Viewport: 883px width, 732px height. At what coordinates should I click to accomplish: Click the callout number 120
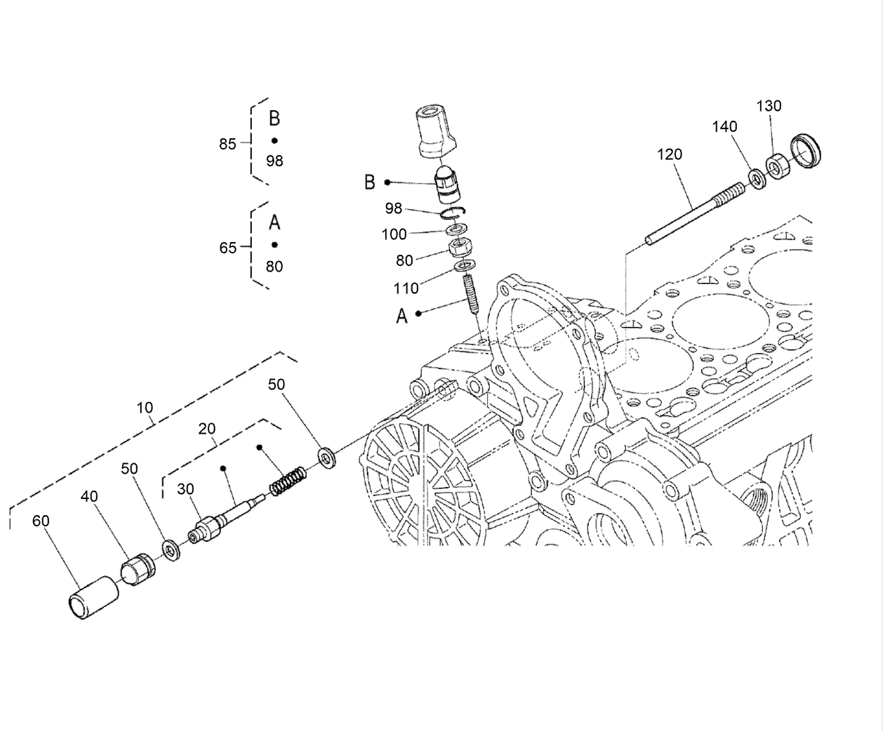[x=669, y=154]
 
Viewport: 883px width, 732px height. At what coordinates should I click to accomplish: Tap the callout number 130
[x=769, y=106]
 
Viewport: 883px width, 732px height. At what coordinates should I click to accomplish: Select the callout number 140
[x=724, y=126]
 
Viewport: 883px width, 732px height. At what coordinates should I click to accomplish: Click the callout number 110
[x=406, y=288]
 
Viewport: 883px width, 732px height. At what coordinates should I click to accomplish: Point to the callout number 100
[x=394, y=234]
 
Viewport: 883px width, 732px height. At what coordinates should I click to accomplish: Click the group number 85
[x=227, y=144]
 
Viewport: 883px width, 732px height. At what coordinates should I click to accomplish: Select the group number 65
[x=228, y=248]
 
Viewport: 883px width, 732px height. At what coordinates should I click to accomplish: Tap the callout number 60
[x=41, y=521]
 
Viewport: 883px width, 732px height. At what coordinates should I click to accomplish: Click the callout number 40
[x=89, y=496]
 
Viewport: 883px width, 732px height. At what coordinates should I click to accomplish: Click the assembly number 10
[x=145, y=407]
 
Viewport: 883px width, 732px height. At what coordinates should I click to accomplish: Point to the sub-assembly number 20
[x=206, y=428]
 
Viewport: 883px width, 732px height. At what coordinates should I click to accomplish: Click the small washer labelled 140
[x=757, y=179]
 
